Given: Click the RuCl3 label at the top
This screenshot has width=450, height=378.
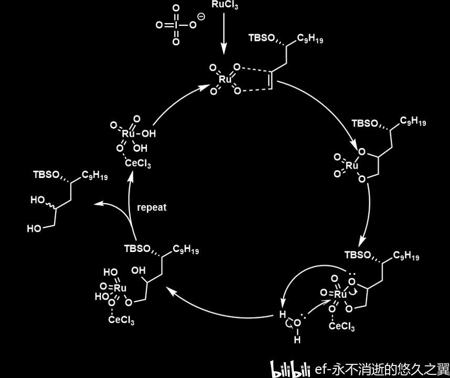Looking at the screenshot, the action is click(x=225, y=5).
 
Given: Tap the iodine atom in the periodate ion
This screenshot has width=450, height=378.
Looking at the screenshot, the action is click(x=176, y=25).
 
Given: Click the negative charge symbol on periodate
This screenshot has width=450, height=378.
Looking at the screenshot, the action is click(x=201, y=17).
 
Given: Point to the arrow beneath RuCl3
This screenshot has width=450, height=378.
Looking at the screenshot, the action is click(x=223, y=33).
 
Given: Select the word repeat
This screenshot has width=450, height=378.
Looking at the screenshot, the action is click(x=152, y=207).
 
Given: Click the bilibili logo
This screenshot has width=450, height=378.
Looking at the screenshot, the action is click(x=290, y=369).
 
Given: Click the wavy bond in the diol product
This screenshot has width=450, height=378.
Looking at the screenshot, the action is click(x=50, y=205).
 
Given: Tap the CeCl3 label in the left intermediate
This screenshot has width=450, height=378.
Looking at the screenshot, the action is click(x=138, y=164).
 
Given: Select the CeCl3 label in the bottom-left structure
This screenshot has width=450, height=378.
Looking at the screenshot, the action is click(x=121, y=319).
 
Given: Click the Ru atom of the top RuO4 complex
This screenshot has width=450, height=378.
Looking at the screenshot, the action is click(x=224, y=79).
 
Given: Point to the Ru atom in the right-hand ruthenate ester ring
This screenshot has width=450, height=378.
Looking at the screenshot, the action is click(x=352, y=165).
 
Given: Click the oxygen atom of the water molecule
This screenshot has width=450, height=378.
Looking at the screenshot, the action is click(x=297, y=323).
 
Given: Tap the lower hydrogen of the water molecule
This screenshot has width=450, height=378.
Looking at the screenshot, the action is click(x=297, y=340).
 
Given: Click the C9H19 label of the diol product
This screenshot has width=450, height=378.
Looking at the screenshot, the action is click(x=94, y=175).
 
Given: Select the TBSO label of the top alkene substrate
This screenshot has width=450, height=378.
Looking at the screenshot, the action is click(x=261, y=38).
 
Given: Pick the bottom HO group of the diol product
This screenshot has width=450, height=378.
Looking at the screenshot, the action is click(x=34, y=229).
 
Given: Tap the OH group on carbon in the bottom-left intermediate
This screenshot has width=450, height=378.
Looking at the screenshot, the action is click(x=138, y=270).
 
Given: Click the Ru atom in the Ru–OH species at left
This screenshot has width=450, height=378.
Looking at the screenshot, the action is click(x=128, y=133).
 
